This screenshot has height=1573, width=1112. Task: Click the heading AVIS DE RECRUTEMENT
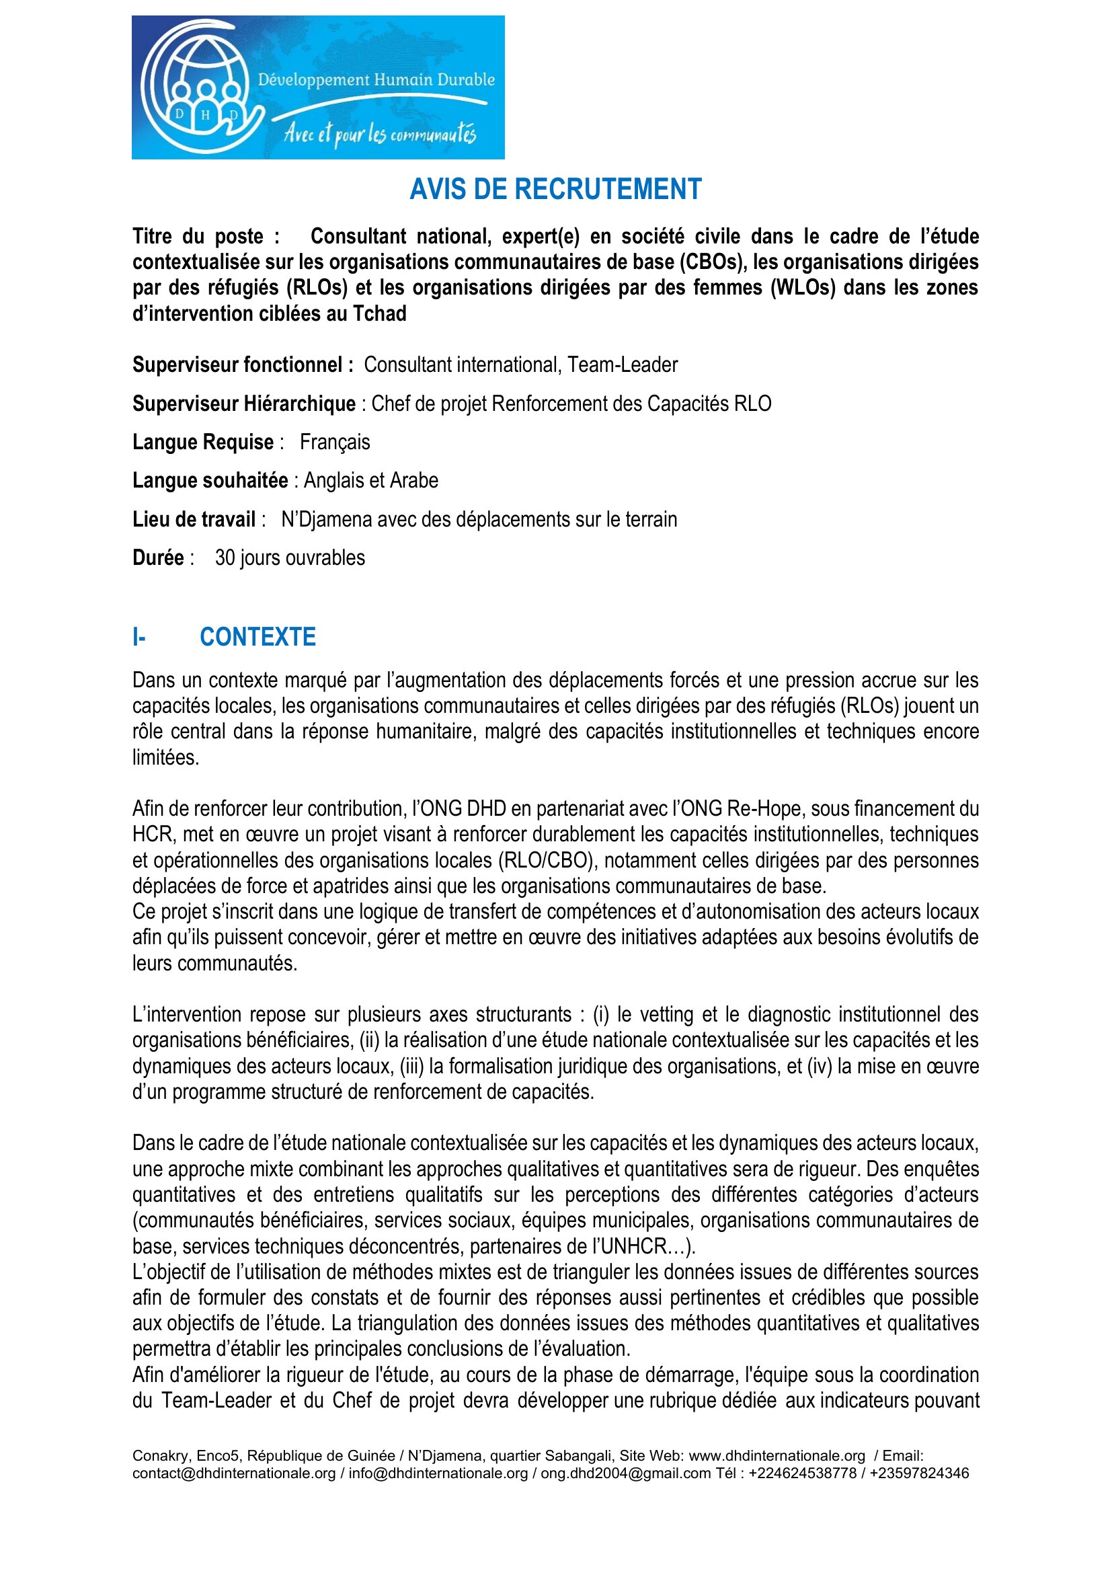(x=555, y=189)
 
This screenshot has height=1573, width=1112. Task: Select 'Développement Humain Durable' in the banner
(x=376, y=80)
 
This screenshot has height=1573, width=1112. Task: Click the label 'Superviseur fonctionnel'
(x=243, y=365)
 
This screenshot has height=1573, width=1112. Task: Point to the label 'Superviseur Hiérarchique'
(x=244, y=404)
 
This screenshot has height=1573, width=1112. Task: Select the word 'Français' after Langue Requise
(x=335, y=443)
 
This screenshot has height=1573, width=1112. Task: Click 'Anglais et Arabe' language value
(x=370, y=481)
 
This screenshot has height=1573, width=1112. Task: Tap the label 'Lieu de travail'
(x=194, y=520)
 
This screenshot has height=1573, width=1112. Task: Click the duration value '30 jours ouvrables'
(x=290, y=558)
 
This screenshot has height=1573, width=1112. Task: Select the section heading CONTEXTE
(x=257, y=637)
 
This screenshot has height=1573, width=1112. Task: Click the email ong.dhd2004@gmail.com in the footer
(x=625, y=1473)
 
